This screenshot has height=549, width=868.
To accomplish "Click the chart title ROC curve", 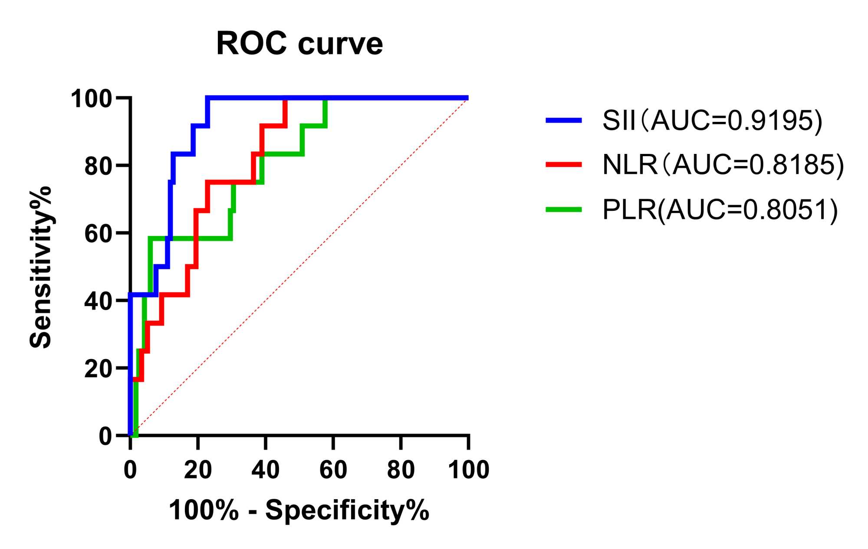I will [x=299, y=44].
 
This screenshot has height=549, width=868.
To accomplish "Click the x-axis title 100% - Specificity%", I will [x=299, y=510].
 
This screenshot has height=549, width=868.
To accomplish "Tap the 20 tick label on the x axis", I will [x=198, y=470].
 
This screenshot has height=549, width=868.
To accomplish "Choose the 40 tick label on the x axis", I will [x=266, y=470].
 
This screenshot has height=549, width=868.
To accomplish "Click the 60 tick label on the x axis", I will [x=333, y=470].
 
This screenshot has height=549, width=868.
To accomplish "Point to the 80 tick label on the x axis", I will [x=401, y=470].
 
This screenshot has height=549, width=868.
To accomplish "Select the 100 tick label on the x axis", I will [x=468, y=470].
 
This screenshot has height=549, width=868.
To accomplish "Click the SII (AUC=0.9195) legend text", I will [x=712, y=120].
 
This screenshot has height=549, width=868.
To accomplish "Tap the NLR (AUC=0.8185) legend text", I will [x=723, y=165].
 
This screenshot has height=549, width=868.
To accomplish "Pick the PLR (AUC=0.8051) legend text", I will [x=720, y=210].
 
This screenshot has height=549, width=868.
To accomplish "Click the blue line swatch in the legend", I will [x=564, y=120].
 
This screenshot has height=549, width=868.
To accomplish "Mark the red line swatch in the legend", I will [x=564, y=164].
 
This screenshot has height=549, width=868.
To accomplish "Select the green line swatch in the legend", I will [x=564, y=209].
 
